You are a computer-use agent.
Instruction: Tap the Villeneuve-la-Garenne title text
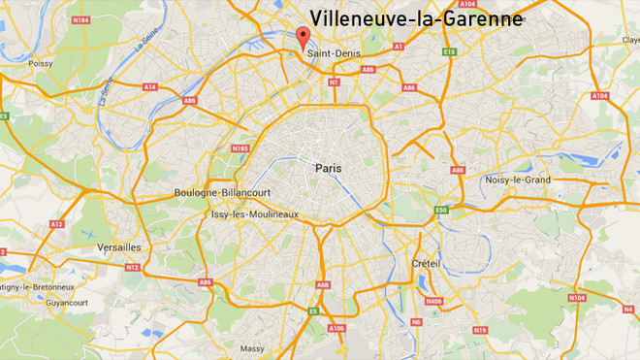[x=416, y=18]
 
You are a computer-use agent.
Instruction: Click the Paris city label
[x=330, y=168]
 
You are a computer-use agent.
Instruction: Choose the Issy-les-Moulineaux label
[x=255, y=214]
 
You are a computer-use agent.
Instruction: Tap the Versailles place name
[x=119, y=247]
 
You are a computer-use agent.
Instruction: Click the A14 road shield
[x=149, y=87]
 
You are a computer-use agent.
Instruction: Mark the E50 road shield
[x=441, y=211]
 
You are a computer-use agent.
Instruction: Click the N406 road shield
[x=433, y=302]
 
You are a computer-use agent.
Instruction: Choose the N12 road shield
[x=133, y=267]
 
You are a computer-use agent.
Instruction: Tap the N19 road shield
[x=479, y=331]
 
